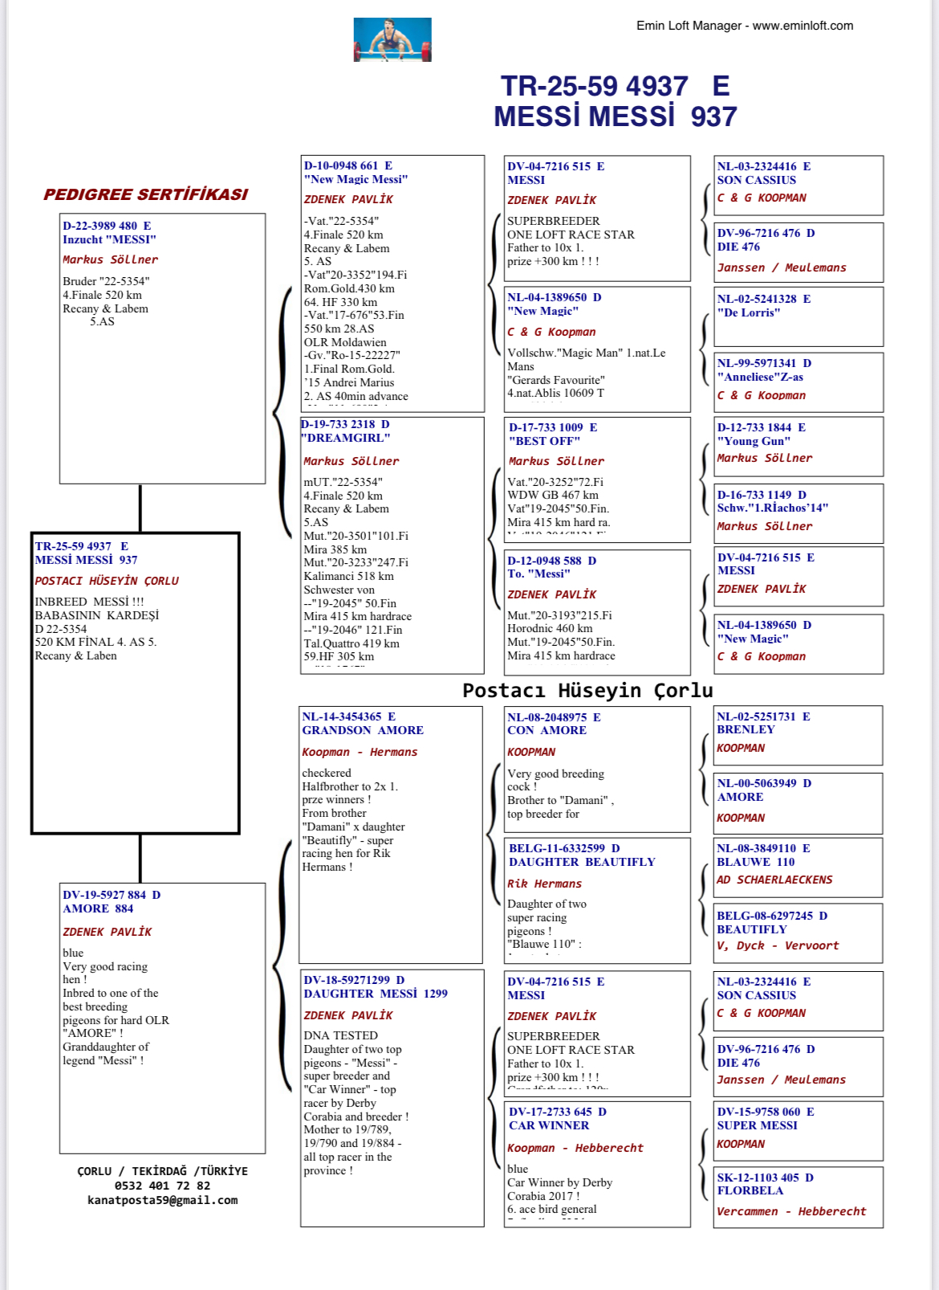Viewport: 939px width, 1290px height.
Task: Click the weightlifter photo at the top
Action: [392, 39]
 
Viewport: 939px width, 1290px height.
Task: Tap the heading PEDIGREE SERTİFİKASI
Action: [145, 194]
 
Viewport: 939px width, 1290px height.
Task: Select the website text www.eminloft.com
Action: [803, 26]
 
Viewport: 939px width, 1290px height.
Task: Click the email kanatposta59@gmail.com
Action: [162, 1200]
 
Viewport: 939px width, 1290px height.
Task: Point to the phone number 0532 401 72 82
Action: [162, 1186]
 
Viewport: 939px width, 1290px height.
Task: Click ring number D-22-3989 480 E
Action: [107, 226]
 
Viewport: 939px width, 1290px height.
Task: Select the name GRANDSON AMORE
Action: [363, 730]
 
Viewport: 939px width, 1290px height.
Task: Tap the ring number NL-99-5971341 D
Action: [764, 363]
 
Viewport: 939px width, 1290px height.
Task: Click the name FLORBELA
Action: [750, 1190]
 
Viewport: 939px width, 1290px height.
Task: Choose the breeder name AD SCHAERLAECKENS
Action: [774, 880]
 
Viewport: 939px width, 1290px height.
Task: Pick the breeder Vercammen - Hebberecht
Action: [791, 1211]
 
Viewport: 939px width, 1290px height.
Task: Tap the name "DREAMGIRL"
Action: [346, 438]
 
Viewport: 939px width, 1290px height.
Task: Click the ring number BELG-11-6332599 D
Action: [564, 848]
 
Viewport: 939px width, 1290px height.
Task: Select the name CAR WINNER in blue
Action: [549, 1125]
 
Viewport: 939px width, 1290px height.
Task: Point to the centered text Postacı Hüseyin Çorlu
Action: [587, 690]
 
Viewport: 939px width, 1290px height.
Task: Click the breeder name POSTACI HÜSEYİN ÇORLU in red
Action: [107, 581]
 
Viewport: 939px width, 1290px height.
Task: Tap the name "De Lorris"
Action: [748, 312]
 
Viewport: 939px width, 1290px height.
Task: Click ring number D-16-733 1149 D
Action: [762, 495]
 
